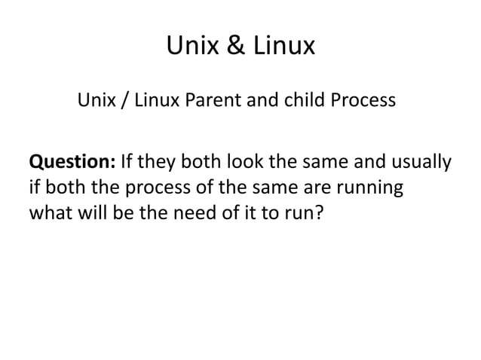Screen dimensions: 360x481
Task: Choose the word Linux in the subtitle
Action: pos(153,100)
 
